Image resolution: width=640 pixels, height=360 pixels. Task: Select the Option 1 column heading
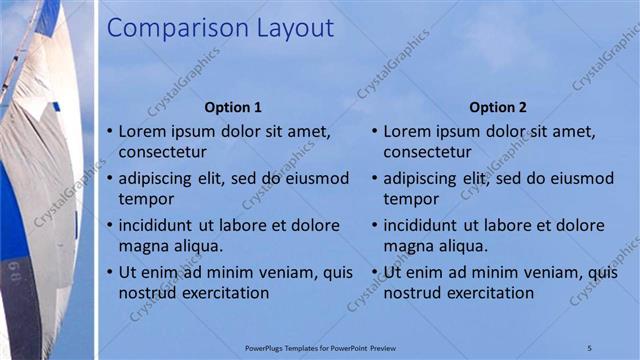coord(233,107)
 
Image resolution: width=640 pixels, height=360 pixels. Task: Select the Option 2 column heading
coord(498,107)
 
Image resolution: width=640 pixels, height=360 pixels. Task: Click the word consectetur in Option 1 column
coord(163,152)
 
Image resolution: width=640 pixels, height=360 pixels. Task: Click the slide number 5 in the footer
coord(590,347)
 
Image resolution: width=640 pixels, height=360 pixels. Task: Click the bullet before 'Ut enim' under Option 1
coord(109,272)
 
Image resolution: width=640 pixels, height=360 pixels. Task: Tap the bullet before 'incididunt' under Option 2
coord(374,225)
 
